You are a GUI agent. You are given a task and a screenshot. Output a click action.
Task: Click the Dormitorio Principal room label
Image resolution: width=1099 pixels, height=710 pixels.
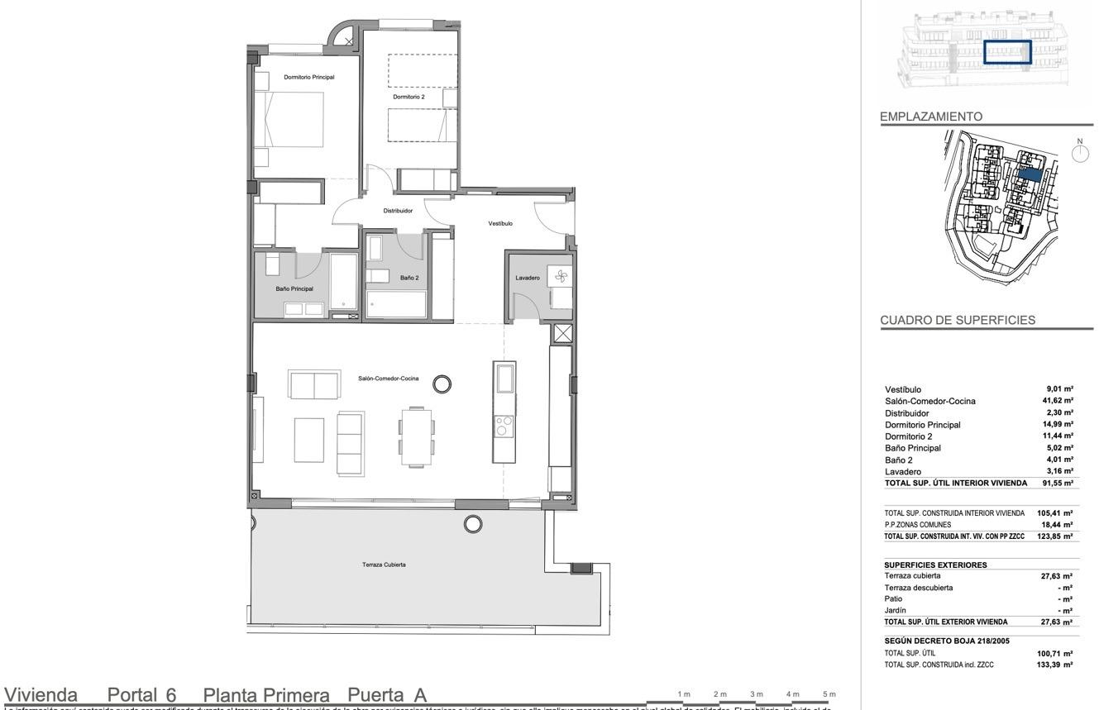coord(308,77)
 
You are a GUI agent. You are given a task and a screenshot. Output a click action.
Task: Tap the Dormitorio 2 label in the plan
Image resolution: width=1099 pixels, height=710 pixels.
coord(409,97)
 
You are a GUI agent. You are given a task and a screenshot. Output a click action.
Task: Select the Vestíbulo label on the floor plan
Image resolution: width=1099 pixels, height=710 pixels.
coord(500,223)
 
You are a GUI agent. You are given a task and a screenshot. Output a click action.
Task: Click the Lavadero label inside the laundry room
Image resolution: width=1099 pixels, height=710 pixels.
coord(528,278)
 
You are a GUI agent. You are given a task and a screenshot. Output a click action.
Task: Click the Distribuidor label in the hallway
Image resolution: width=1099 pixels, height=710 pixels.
coord(398,211)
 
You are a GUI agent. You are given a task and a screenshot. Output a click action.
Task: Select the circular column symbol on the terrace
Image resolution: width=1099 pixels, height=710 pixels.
coord(473,523)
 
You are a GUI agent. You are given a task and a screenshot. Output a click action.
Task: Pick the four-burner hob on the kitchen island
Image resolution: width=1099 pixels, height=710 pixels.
coord(503,426)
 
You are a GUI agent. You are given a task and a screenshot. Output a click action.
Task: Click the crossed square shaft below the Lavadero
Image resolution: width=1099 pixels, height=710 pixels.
coord(562,334)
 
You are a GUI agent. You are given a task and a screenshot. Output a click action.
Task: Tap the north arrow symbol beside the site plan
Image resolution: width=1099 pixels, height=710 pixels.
coord(1078,152)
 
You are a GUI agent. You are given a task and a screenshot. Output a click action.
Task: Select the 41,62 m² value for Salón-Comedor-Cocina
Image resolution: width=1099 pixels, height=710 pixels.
coord(1058,401)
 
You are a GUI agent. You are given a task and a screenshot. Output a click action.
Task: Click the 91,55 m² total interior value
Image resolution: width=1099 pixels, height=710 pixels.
coord(1058,483)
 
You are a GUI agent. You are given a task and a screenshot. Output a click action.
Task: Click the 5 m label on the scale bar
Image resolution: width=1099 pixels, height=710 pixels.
coord(829,693)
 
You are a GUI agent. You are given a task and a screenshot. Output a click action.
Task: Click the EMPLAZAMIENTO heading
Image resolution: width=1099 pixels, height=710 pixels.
coord(931,117)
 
